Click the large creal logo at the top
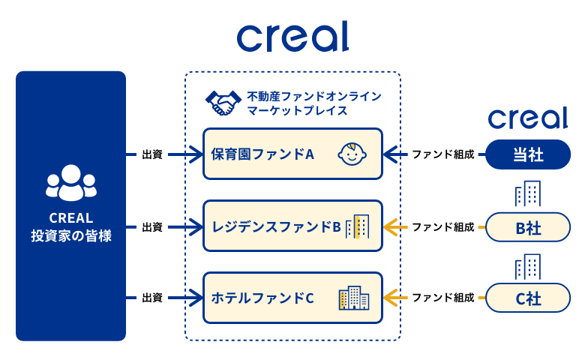(x=292, y=36)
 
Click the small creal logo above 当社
(x=527, y=118)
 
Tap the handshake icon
(x=222, y=103)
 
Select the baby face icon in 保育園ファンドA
(x=351, y=154)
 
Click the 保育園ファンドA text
(x=262, y=154)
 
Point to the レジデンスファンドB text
(x=276, y=226)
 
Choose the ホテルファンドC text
(x=262, y=298)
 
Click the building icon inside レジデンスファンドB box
(x=357, y=226)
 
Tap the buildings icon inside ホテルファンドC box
(x=354, y=298)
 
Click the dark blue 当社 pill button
(x=528, y=154)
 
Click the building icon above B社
(x=528, y=194)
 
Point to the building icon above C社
(x=528, y=265)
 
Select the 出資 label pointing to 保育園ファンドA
(x=152, y=154)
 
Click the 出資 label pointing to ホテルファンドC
(x=152, y=298)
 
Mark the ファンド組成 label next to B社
(x=442, y=226)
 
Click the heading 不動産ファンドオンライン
(x=314, y=96)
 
